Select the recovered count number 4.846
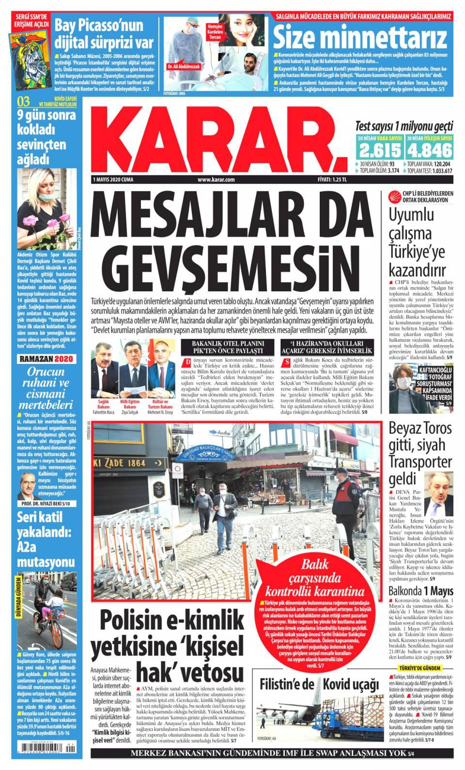coord(429,151)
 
